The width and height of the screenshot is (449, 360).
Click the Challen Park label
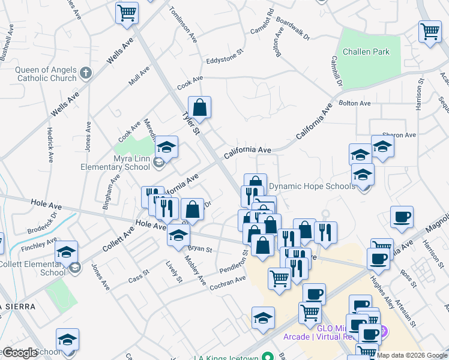click(x=366, y=52)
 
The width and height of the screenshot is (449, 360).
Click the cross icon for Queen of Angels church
click(x=86, y=73)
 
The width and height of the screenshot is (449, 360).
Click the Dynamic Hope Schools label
click(x=312, y=187)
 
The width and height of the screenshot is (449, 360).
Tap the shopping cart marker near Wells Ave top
click(x=127, y=13)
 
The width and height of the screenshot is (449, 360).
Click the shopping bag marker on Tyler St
click(x=200, y=109)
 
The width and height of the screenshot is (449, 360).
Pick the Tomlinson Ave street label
click(x=183, y=23)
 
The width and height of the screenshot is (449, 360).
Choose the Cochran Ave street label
click(x=228, y=283)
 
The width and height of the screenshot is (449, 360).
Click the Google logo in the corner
click(x=19, y=352)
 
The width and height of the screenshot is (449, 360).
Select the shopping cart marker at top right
click(x=430, y=32)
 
